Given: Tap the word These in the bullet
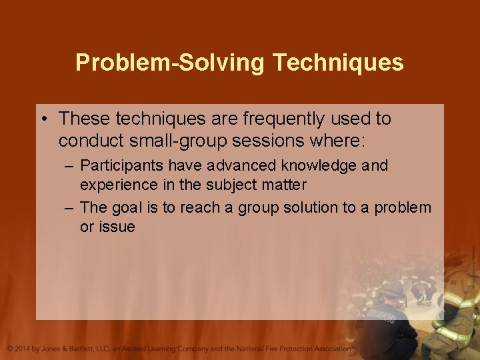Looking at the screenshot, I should click(x=84, y=119).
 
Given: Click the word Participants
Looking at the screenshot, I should click(x=122, y=165).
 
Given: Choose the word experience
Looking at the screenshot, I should click(x=116, y=184).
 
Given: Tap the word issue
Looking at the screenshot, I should click(x=117, y=227).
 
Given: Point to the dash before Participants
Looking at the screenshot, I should click(x=69, y=165).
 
